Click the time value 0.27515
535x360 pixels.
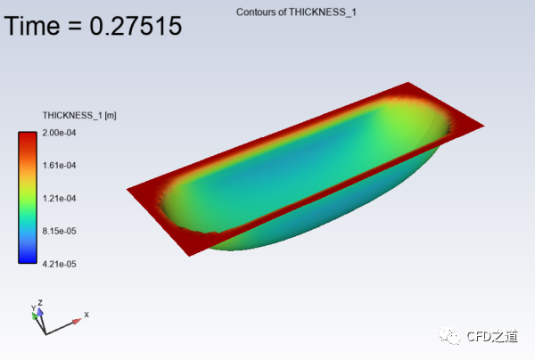tap(136, 26)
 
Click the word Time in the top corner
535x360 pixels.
tap(32, 26)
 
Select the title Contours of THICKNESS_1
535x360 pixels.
tap(296, 12)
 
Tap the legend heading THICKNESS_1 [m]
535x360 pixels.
tap(79, 116)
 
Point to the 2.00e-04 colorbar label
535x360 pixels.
tap(59, 133)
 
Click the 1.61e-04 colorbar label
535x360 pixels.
tap(59, 166)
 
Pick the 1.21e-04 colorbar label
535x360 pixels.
tap(59, 199)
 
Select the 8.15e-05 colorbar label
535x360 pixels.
tap(59, 231)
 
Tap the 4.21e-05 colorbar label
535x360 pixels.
tap(59, 264)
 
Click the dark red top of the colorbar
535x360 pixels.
tap(28, 136)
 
